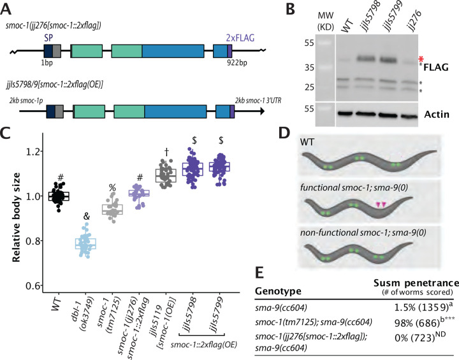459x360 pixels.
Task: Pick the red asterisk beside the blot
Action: pos(419,59)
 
